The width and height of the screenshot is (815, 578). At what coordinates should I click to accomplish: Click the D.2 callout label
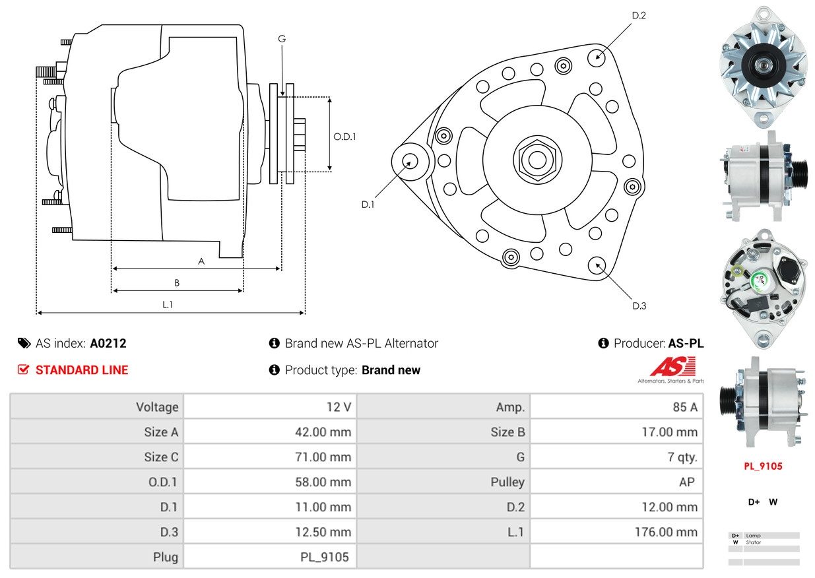pos(638,15)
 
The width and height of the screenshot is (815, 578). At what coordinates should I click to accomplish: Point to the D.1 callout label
pos(368,205)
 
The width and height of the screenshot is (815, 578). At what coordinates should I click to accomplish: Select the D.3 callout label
pos(639,305)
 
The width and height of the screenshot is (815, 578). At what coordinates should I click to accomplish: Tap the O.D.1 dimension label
pos(344,137)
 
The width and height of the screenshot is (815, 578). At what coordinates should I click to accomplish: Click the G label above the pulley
pos(282,39)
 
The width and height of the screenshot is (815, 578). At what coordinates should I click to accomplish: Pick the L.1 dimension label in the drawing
pos(168,304)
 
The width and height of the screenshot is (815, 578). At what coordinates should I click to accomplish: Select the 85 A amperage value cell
pos(684,407)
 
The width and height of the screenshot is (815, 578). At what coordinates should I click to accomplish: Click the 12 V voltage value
pos(339,407)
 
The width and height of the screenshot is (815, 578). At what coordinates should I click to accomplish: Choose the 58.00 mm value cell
pos(323,482)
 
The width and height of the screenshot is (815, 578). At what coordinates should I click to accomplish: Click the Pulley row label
pos(507,482)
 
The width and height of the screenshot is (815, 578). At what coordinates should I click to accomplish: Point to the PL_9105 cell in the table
pos(325,557)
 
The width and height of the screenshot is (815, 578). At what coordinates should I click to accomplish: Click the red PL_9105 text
pos(763,466)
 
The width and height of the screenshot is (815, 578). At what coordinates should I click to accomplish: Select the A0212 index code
pos(108,343)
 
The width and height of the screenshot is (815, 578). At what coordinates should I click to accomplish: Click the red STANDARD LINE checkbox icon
pos(23,370)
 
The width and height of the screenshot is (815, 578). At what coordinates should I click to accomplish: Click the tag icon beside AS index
pos(24,343)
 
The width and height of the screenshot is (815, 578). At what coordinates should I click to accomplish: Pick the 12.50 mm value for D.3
pos(323,532)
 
